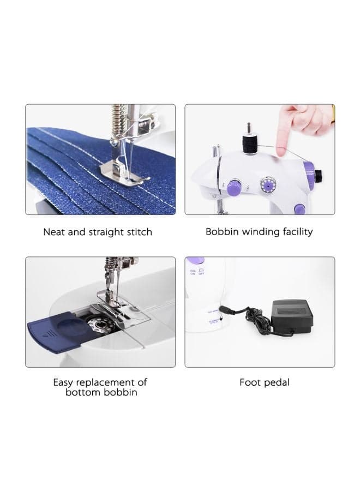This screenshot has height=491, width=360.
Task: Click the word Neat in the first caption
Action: [54, 232]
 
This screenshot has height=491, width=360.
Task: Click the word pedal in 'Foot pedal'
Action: [277, 382]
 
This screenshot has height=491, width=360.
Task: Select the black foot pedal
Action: [292, 317]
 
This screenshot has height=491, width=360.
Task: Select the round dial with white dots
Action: [268, 185]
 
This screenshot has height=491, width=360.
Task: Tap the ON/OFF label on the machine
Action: [197, 272]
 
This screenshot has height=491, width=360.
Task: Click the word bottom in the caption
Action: [83, 392]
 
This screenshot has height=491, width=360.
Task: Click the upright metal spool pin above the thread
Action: [249, 128]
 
